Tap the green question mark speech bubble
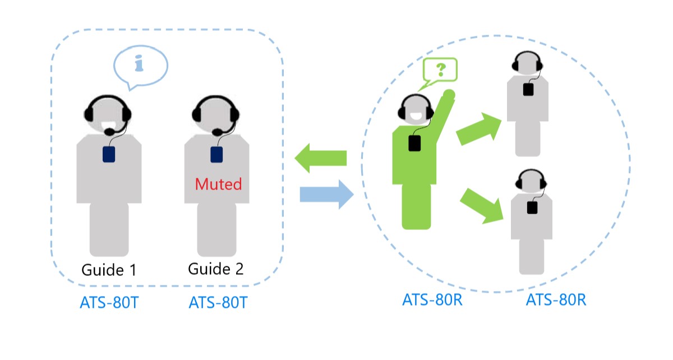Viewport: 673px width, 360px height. [x=440, y=70]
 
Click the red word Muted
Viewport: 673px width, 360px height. [x=218, y=184]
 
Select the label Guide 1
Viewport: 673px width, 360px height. [x=109, y=270]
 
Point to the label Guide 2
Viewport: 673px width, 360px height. [x=216, y=269]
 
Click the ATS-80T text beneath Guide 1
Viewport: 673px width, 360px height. [x=109, y=303]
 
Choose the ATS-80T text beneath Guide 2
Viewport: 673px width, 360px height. [x=218, y=303]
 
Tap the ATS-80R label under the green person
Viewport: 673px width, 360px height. [x=432, y=299]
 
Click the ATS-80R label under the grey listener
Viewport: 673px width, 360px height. [x=556, y=299]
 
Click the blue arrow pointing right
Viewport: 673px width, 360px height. [x=326, y=195]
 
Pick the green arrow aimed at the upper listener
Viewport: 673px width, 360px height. [x=480, y=130]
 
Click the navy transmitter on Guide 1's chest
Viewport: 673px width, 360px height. [x=109, y=154]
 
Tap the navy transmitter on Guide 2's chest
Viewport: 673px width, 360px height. [x=216, y=154]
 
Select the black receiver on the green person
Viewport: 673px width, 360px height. [x=414, y=143]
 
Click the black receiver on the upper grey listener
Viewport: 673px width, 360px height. [x=528, y=89]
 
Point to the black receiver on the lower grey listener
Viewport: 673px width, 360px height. [x=532, y=207]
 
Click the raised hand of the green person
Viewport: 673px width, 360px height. [x=448, y=94]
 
